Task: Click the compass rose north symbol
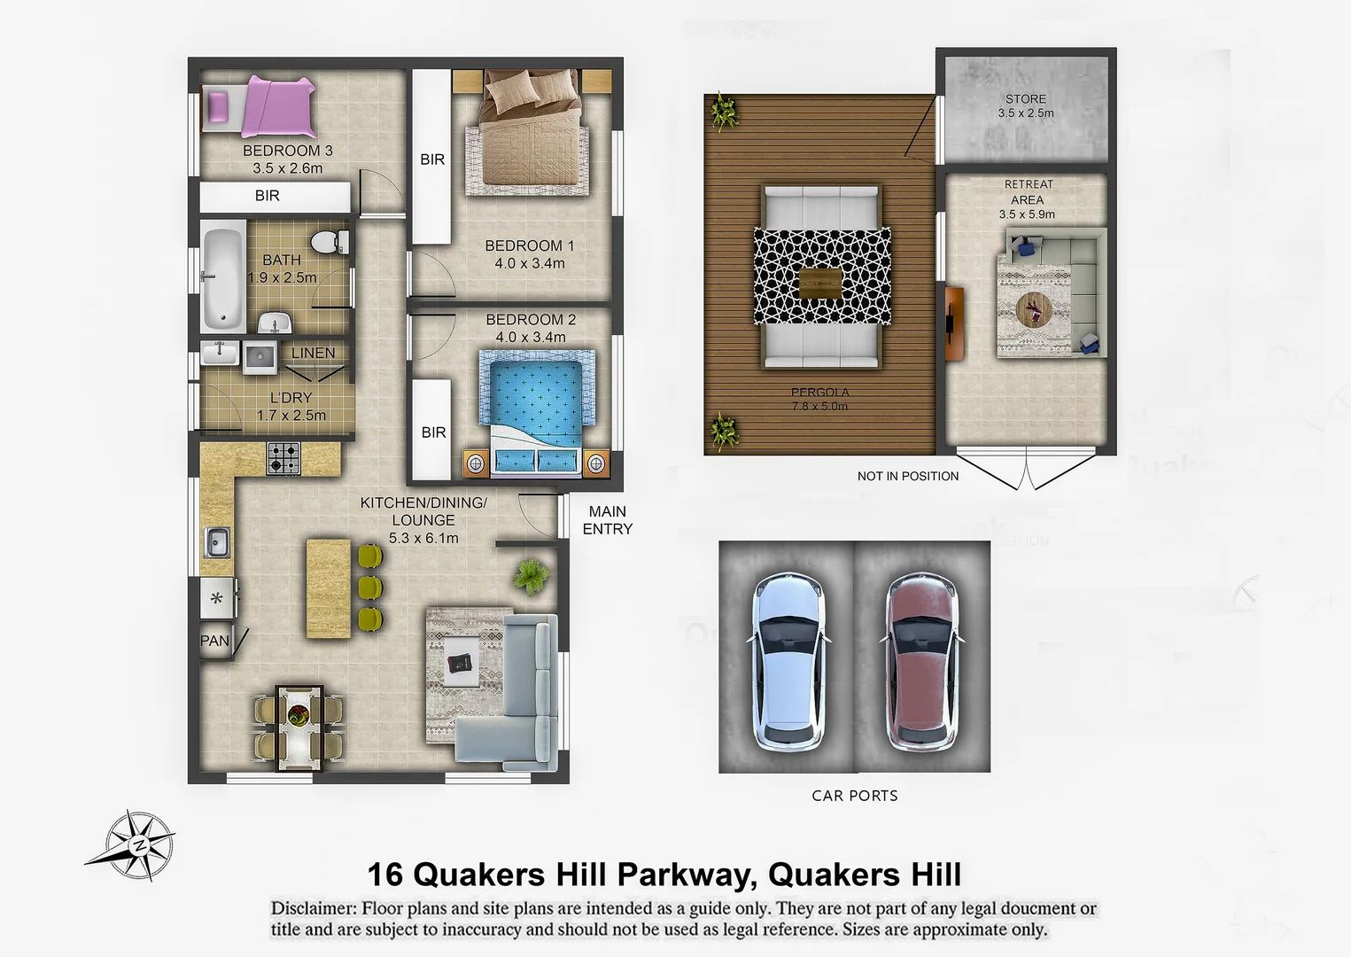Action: (137, 844)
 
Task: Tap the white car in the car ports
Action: (787, 659)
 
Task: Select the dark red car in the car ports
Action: (921, 659)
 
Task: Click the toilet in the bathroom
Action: (330, 241)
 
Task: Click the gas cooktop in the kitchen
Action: (283, 458)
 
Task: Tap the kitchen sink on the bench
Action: (217, 541)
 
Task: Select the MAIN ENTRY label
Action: (607, 520)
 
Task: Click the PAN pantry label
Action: (214, 641)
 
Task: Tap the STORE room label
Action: (1025, 99)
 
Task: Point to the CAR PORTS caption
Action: (854, 796)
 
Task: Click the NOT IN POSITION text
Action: (907, 476)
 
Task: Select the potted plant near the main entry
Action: (530, 576)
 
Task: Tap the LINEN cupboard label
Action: (313, 353)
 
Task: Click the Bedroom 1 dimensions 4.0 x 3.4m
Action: (529, 263)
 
